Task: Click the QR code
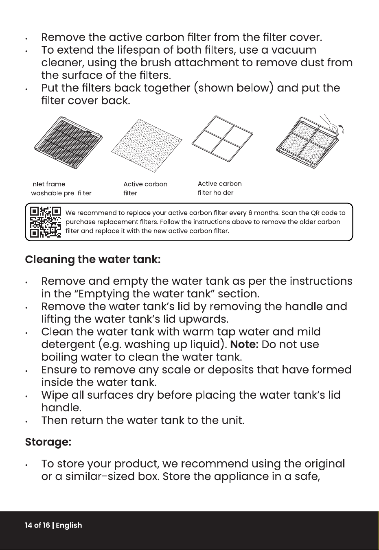(x=46, y=222)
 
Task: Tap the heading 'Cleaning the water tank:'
(x=93, y=260)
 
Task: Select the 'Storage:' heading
(x=48, y=442)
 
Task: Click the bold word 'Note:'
(x=245, y=344)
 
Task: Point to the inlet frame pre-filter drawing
(x=68, y=143)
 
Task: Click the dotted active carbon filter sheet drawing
(x=147, y=146)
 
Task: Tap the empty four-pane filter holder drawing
(x=222, y=139)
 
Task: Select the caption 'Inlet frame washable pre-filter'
(x=61, y=189)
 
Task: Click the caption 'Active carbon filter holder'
(x=220, y=188)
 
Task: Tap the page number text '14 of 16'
(x=37, y=525)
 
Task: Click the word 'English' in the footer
(x=69, y=526)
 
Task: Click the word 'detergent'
(x=68, y=345)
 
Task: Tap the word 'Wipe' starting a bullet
(x=55, y=395)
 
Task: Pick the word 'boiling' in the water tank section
(x=59, y=357)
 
